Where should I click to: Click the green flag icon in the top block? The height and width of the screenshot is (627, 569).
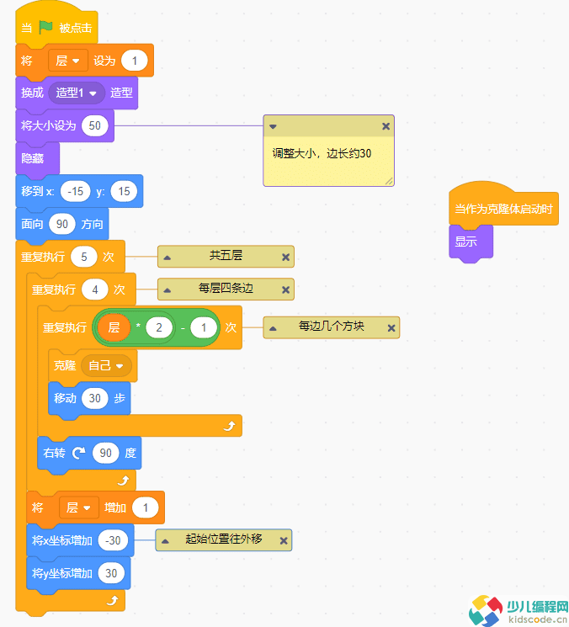point(46,28)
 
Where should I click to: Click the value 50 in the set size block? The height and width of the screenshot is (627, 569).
point(95,125)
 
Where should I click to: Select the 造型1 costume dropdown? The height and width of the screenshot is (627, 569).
point(76,93)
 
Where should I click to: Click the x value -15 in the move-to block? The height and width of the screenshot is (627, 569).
point(76,191)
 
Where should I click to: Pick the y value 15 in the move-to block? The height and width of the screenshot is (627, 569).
point(124,191)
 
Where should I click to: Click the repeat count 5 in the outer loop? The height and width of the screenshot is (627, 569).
point(84,257)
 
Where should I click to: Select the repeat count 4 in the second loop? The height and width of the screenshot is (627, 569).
point(95,290)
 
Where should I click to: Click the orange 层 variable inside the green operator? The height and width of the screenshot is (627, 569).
point(114,327)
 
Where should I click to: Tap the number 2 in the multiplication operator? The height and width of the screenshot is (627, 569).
point(157,327)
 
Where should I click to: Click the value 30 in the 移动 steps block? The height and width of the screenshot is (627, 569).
point(95,398)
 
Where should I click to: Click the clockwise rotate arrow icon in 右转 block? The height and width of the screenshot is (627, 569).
point(78,453)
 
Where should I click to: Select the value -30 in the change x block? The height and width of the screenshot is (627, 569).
point(113,540)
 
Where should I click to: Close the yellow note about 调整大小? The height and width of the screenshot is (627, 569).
point(386,126)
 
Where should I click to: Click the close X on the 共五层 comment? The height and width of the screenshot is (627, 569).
point(285,258)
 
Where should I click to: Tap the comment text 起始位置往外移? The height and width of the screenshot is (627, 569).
point(224,539)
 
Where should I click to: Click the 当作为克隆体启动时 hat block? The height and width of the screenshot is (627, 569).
point(503,209)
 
